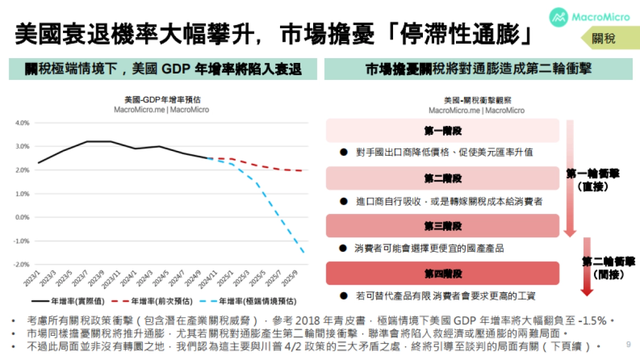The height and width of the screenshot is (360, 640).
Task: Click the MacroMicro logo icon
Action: tap(559, 17)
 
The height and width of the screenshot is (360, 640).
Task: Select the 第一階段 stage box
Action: tap(443, 131)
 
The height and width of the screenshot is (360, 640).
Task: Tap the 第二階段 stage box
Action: tap(443, 178)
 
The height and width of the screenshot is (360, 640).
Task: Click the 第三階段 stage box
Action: tap(443, 226)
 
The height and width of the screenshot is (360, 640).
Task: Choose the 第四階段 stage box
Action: tap(443, 273)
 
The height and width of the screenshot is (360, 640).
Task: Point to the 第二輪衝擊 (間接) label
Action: tap(608, 268)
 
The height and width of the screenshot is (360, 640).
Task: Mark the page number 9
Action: tap(628, 344)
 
